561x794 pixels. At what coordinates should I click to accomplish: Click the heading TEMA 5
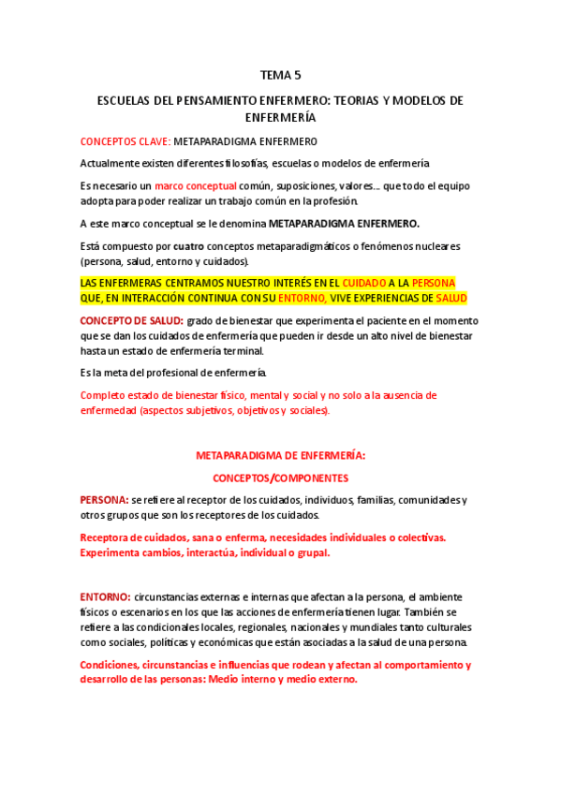pyautogui.click(x=280, y=75)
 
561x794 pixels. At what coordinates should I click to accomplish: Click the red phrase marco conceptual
pyautogui.click(x=196, y=185)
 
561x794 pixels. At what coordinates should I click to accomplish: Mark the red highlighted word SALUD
pyautogui.click(x=451, y=298)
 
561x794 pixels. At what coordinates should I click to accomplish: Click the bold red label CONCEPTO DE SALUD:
pyautogui.click(x=130, y=320)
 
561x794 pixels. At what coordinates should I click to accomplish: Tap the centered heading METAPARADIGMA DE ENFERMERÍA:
pyautogui.click(x=280, y=455)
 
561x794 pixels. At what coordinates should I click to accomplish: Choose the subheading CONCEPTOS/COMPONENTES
pyautogui.click(x=280, y=478)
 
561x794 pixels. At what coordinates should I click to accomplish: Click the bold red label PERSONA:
pyautogui.click(x=104, y=500)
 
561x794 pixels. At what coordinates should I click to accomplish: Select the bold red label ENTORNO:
pyautogui.click(x=105, y=596)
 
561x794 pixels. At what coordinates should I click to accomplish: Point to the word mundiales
pyautogui.click(x=383, y=626)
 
